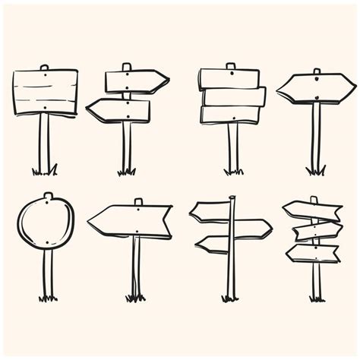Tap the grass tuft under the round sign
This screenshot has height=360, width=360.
[47, 298]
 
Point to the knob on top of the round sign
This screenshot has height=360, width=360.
[48, 196]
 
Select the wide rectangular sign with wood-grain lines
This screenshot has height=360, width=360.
[46, 92]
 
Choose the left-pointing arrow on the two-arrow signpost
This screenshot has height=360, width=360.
[118, 111]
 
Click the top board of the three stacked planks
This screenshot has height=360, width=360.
[229, 79]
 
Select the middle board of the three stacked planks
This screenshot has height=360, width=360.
[234, 96]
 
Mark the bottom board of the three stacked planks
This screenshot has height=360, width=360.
[230, 114]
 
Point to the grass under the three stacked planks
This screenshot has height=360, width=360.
[233, 172]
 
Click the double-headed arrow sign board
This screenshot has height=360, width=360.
[316, 88]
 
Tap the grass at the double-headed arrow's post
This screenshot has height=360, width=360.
[315, 171]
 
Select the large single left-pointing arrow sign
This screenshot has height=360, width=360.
[130, 220]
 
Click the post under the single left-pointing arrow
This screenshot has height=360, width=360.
[136, 266]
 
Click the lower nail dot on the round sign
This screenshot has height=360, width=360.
[47, 243]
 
